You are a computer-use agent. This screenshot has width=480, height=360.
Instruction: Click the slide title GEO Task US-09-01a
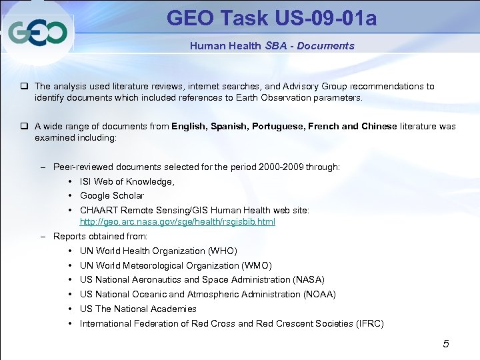[271, 18]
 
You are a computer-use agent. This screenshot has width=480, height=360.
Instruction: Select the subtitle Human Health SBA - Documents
[272, 46]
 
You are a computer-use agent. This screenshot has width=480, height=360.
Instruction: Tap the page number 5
[446, 344]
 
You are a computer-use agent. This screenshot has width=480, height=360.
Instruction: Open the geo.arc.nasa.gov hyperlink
[177, 222]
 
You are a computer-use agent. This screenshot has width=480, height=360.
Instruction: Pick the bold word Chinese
[378, 126]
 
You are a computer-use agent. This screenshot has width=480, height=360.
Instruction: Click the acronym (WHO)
[223, 251]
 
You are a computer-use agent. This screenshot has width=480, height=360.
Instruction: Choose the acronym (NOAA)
[319, 295]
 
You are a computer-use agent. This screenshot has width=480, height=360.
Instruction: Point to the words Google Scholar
[112, 196]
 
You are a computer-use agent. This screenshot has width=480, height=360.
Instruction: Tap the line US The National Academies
[138, 309]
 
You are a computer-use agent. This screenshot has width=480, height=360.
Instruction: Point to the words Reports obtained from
[100, 237]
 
